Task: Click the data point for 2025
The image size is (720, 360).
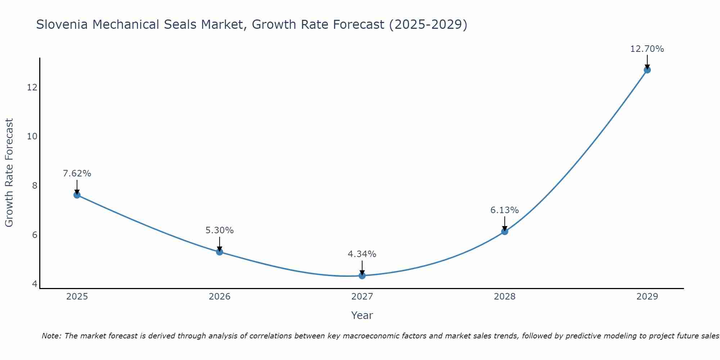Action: click(77, 195)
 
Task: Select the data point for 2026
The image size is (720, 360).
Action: click(220, 252)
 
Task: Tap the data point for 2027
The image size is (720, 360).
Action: click(362, 275)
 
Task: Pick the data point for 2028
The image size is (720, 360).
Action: click(505, 231)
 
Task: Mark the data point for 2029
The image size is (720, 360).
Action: click(647, 70)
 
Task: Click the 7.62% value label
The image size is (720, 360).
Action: click(77, 174)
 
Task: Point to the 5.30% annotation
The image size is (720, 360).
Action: click(220, 230)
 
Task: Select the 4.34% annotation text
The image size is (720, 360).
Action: click(362, 254)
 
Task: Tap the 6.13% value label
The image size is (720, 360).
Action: click(505, 210)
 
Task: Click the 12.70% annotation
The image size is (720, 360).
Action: click(647, 49)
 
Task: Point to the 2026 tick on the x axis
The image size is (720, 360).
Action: click(220, 297)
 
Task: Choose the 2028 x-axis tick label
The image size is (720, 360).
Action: click(505, 297)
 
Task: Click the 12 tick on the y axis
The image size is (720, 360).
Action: click(32, 87)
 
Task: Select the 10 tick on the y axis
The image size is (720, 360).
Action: click(32, 136)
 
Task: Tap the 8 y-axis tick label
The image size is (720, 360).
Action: click(35, 186)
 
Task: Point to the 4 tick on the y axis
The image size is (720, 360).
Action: click(35, 284)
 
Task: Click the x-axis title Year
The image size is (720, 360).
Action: click(362, 315)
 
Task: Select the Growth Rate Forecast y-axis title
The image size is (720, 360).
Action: click(9, 173)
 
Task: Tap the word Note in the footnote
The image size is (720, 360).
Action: click(51, 336)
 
